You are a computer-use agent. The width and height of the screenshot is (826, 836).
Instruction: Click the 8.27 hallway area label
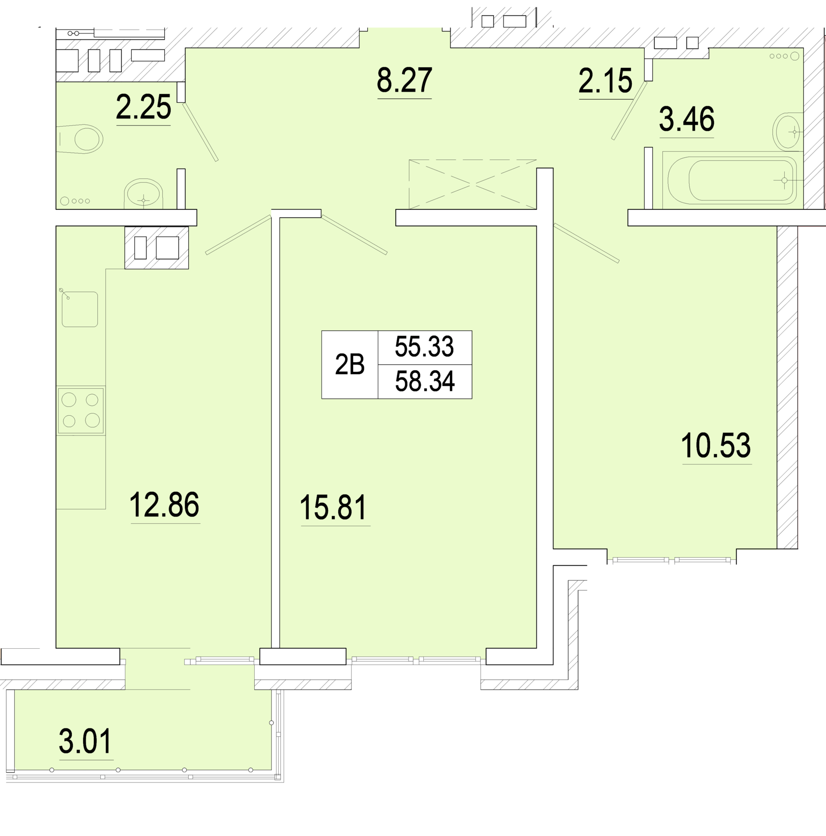(404, 80)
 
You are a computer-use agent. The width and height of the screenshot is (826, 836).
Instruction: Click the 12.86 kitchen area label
(164, 505)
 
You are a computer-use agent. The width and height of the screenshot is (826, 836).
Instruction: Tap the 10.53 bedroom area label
(716, 445)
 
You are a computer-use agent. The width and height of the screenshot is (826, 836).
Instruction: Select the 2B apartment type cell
(350, 365)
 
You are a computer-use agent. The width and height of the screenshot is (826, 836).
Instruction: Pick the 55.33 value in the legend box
(424, 346)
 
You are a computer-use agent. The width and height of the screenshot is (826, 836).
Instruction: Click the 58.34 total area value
(425, 381)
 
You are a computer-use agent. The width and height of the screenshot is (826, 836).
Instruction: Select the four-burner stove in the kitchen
(81, 410)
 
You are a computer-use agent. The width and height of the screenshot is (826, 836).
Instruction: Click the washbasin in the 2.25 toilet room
(143, 194)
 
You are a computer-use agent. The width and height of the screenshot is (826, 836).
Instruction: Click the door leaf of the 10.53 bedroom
(586, 243)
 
